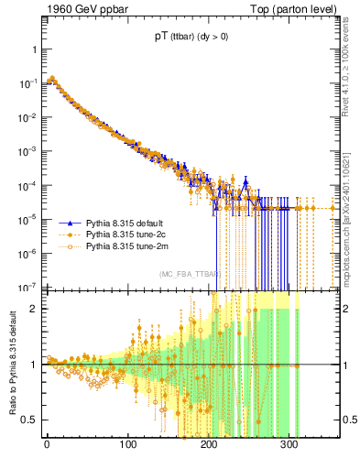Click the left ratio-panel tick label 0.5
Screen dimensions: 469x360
30,420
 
